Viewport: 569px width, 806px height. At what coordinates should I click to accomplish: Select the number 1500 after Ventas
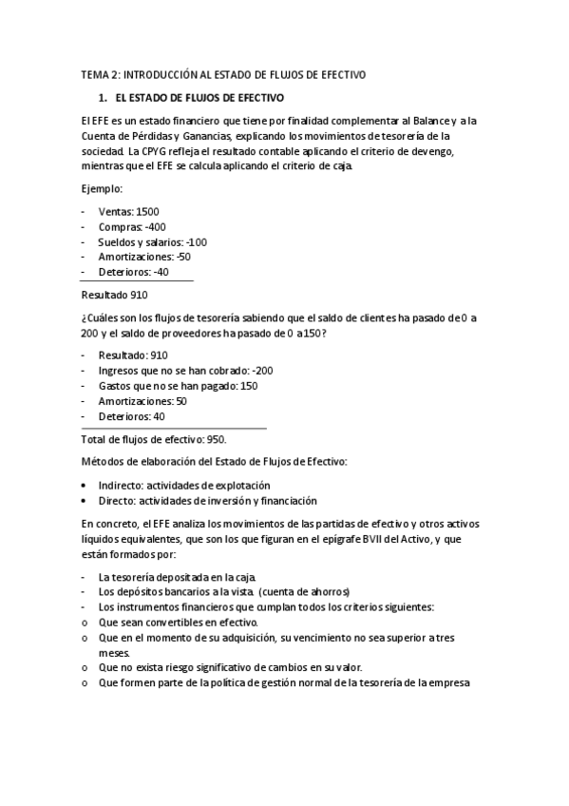point(148,211)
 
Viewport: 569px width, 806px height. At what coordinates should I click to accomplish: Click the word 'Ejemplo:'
point(102,188)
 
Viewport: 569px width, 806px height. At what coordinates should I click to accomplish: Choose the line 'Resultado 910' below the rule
point(114,295)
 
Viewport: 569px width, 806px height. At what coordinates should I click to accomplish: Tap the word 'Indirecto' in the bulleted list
point(122,485)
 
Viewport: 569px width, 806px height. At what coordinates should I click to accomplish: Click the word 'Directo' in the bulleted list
point(117,500)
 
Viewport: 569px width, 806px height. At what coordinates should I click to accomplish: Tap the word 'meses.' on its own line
point(115,653)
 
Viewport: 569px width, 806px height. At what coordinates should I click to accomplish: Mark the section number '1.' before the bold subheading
point(104,97)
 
